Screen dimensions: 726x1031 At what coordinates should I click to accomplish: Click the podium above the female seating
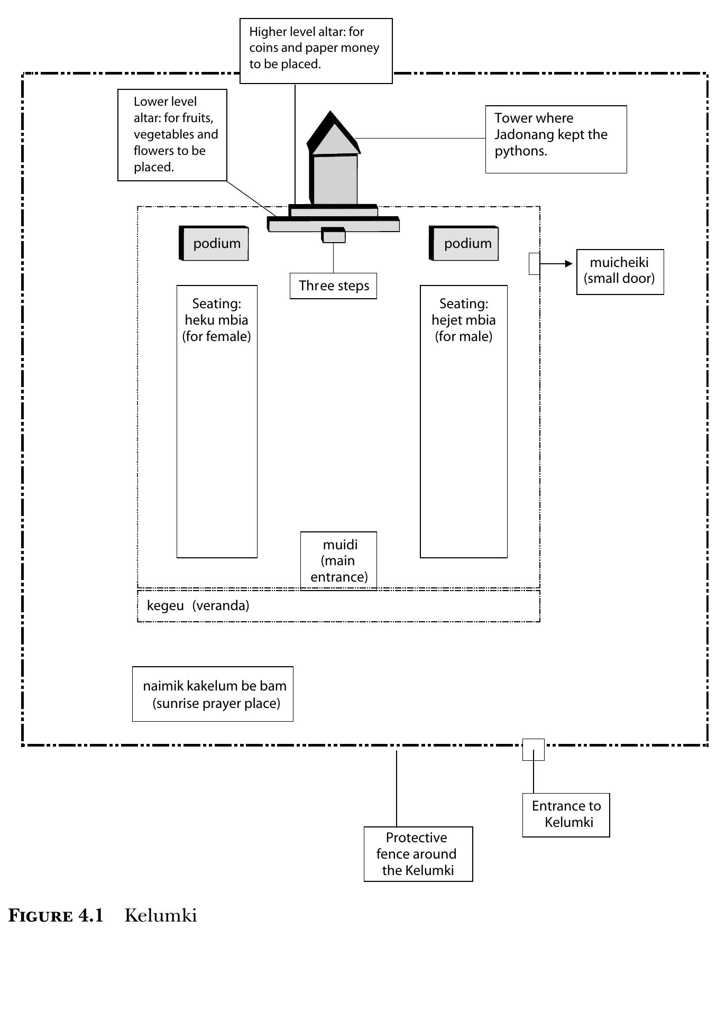[x=214, y=243]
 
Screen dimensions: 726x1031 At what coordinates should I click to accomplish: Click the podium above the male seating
[x=464, y=243]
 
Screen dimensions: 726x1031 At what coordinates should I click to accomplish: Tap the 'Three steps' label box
[x=333, y=286]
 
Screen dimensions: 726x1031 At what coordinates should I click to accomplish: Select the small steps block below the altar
[x=334, y=235]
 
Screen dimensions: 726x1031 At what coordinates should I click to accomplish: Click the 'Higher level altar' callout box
[x=316, y=51]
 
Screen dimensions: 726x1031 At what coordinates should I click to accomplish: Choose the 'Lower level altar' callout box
[x=172, y=135]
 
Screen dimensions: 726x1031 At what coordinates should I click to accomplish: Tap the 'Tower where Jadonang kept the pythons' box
[x=556, y=139]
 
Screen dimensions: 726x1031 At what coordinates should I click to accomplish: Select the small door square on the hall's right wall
[x=535, y=264]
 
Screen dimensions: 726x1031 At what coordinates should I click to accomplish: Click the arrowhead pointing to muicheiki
[x=569, y=264]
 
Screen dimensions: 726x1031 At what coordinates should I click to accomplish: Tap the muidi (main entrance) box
[x=339, y=560]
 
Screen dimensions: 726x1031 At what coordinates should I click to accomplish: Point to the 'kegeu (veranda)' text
[x=198, y=605]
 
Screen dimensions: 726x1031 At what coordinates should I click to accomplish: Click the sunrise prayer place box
[x=213, y=694]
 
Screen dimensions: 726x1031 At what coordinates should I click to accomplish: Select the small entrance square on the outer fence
[x=534, y=750]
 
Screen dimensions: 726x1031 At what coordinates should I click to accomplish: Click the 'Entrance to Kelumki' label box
[x=566, y=815]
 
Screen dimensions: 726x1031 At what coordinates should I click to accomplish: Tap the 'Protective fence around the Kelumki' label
[x=418, y=854]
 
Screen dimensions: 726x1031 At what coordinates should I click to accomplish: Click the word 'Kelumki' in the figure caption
[x=161, y=916]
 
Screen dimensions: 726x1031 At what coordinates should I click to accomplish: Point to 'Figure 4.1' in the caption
[x=56, y=916]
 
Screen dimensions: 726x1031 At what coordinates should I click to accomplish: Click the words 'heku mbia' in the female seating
[x=216, y=320]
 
